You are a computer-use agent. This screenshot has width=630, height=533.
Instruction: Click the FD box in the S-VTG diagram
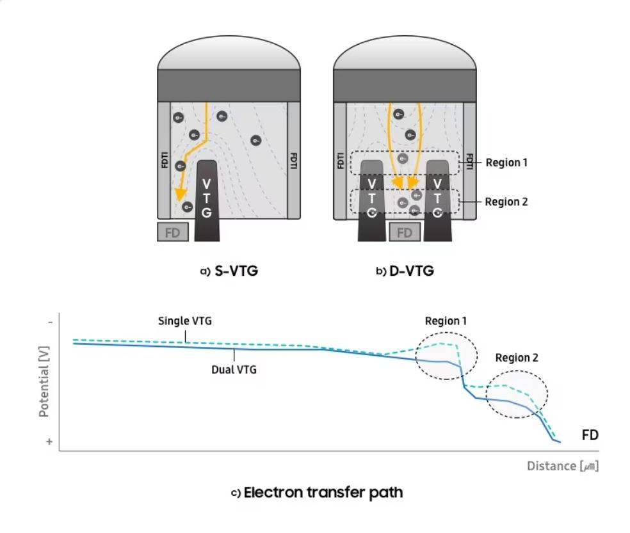pos(173,232)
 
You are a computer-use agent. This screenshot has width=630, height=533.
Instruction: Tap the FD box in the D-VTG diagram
pos(405,232)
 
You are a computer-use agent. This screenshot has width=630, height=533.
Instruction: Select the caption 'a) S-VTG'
pos(229,271)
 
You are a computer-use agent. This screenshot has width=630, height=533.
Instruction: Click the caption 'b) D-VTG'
pos(405,271)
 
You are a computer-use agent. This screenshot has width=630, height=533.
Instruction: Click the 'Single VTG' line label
pos(185,321)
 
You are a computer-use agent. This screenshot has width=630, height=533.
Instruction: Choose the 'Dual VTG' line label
pos(234,369)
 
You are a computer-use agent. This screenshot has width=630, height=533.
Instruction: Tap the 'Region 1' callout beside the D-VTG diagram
pos(506,163)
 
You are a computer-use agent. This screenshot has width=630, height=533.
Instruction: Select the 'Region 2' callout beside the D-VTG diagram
pos(506,202)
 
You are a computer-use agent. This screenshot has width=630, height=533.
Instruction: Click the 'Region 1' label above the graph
pos(446,321)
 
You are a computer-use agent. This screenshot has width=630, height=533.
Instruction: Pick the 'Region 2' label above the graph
pos(517,358)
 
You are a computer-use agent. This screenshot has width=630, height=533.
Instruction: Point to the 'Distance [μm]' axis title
pos(563,466)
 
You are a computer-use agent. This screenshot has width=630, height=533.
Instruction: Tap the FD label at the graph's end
pos(590,435)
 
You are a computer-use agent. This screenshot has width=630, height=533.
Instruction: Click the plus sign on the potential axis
pos(50,442)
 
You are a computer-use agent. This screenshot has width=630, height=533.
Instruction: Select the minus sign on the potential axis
pos(50,322)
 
